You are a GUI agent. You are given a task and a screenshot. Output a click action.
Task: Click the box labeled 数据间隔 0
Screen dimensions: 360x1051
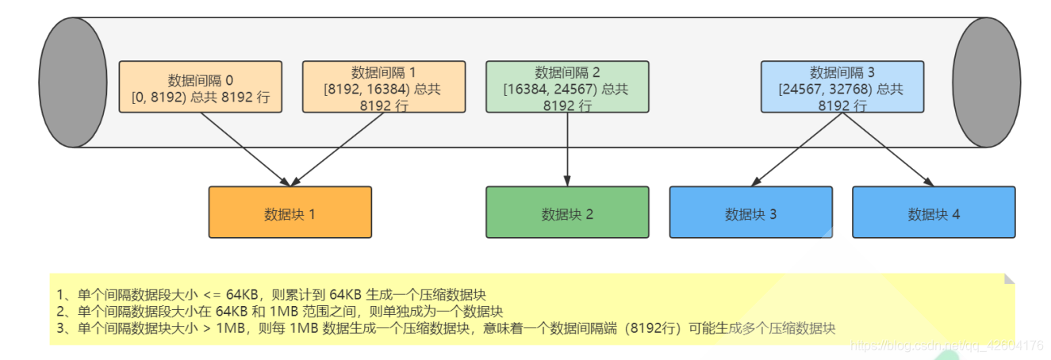201,86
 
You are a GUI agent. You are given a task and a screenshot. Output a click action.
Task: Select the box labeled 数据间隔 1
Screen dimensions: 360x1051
384,86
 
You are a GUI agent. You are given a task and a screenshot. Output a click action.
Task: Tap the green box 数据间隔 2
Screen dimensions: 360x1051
567,86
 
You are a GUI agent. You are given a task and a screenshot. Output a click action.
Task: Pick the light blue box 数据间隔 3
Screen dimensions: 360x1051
842,86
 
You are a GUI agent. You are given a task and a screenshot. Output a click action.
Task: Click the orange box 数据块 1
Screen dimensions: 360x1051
290,213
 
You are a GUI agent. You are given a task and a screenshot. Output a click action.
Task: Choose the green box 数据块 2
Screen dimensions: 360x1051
567,213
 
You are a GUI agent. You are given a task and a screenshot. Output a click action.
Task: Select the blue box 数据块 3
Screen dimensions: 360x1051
750,213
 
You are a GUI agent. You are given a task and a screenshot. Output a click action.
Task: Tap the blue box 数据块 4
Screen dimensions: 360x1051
934,213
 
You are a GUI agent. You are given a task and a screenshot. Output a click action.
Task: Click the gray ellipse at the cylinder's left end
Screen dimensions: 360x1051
73,82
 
